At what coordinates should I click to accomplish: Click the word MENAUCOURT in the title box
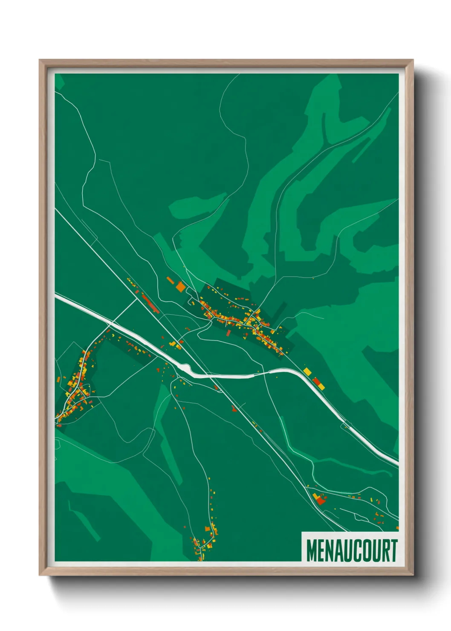click(352, 550)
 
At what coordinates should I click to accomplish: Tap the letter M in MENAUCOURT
click(311, 550)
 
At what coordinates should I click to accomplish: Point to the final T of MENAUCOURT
click(394, 550)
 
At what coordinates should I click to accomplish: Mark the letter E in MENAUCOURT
click(321, 550)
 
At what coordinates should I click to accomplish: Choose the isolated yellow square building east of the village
click(307, 371)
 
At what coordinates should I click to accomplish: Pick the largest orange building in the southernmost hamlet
click(208, 529)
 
